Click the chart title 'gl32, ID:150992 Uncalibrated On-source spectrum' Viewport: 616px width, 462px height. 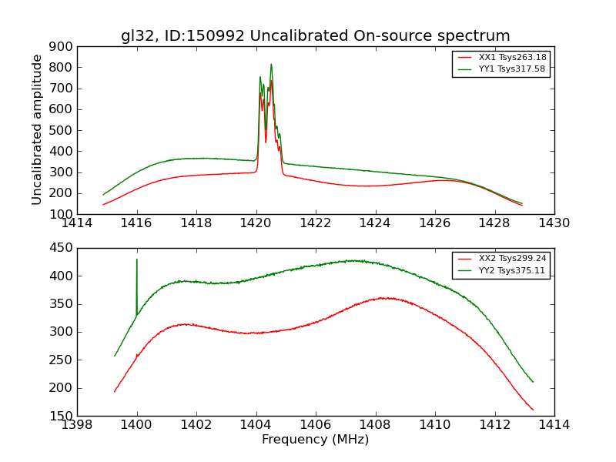click(x=315, y=36)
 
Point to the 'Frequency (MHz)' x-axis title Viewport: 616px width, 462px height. click(x=315, y=440)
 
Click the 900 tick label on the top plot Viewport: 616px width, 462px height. click(x=62, y=46)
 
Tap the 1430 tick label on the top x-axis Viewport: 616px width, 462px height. click(x=554, y=223)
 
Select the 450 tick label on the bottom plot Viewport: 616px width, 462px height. click(x=62, y=248)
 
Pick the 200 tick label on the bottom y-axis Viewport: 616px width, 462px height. click(x=62, y=388)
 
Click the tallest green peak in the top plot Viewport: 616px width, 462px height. click(x=271, y=65)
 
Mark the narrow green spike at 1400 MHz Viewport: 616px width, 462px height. click(x=137, y=260)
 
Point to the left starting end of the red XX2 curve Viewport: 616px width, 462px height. click(x=115, y=391)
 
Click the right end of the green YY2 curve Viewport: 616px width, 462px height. click(x=533, y=381)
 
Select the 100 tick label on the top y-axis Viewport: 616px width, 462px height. click(x=62, y=214)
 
